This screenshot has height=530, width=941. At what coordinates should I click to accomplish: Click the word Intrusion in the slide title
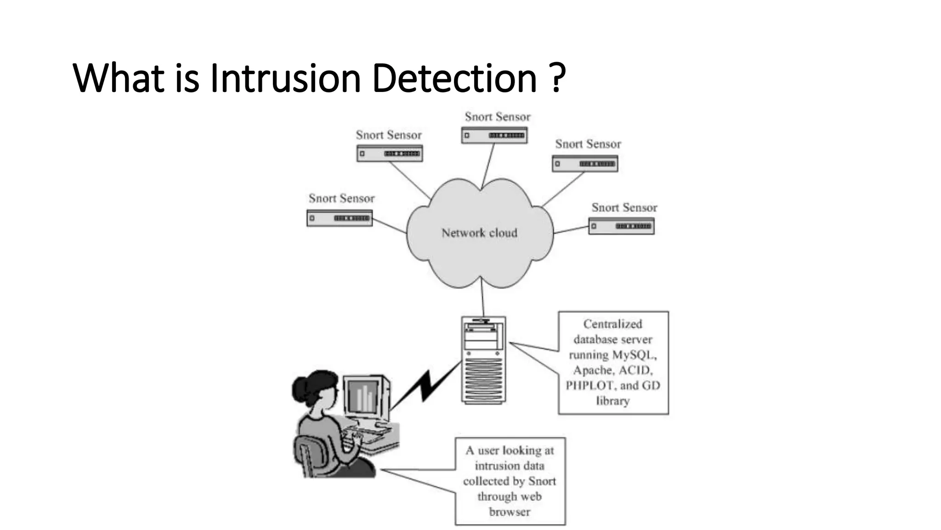coord(285,78)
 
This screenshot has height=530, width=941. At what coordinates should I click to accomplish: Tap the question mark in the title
coord(557,78)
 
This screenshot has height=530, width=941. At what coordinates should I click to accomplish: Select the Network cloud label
coord(479,233)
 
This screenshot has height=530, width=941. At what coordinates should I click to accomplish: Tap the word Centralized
coord(612,324)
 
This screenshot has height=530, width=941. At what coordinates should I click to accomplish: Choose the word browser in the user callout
coord(510,512)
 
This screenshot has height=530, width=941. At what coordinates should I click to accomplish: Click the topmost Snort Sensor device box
coord(494,135)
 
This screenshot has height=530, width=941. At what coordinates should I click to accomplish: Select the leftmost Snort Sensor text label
coord(341,198)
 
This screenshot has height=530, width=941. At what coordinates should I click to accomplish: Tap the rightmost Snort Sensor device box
coord(621,226)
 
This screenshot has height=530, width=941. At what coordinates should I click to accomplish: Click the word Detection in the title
coord(454,78)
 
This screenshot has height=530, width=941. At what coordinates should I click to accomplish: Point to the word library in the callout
coord(612,401)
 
